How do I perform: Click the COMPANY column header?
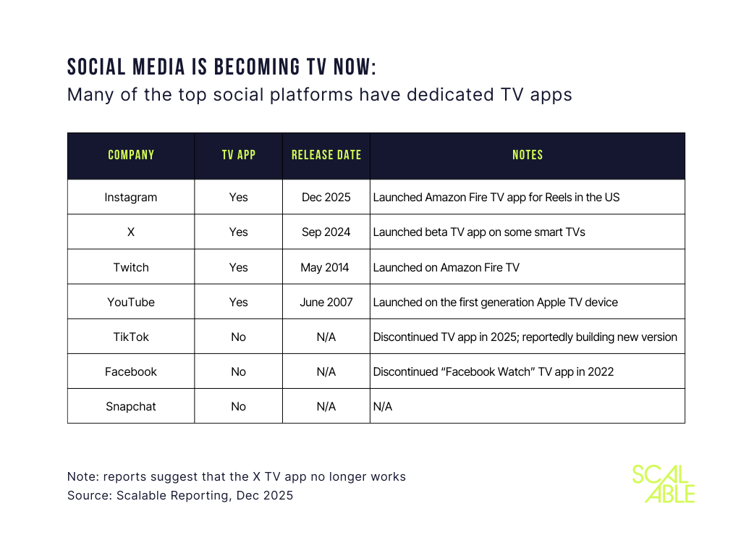[131, 155]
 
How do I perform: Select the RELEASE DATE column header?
[326, 155]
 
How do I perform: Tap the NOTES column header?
[527, 155]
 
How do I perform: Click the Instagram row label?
[131, 197]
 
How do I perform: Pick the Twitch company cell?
[131, 267]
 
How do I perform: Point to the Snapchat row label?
[131, 406]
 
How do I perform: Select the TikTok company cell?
[131, 337]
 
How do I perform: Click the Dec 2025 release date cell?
[326, 197]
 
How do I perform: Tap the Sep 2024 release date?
[326, 232]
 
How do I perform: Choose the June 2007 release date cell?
[326, 302]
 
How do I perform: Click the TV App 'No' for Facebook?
[238, 371]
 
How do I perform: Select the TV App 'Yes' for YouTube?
[238, 302]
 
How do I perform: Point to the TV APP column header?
[238, 155]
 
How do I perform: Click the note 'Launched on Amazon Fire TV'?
[446, 267]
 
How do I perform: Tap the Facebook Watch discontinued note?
[494, 371]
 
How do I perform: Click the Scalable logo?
[663, 484]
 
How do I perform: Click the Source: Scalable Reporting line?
[180, 496]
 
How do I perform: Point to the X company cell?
[131, 232]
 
